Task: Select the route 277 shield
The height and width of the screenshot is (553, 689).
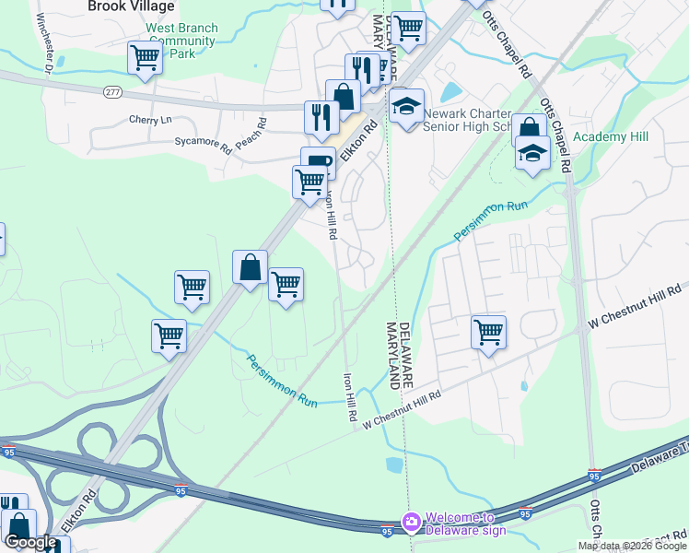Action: (112, 91)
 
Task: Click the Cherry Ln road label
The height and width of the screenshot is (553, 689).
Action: (150, 120)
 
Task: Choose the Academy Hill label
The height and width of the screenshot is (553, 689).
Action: (611, 137)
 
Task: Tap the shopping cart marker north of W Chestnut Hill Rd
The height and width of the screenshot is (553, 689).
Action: (488, 331)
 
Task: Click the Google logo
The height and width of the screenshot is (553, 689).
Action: (29, 542)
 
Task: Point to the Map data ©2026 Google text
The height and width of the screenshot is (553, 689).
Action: (632, 546)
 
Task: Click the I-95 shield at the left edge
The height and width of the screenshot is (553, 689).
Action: (9, 452)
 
